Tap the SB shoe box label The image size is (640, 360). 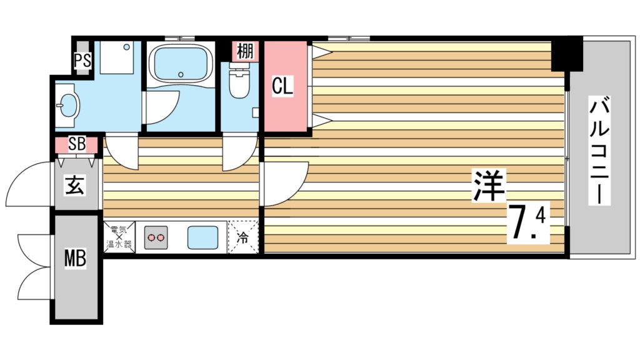click(77, 144)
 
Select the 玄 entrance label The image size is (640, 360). click(76, 186)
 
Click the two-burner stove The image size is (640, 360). click(157, 237)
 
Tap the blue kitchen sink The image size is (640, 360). click(203, 237)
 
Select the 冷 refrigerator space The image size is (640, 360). click(243, 237)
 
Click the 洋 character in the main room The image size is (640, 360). click(488, 186)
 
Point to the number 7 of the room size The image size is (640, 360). click(521, 222)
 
